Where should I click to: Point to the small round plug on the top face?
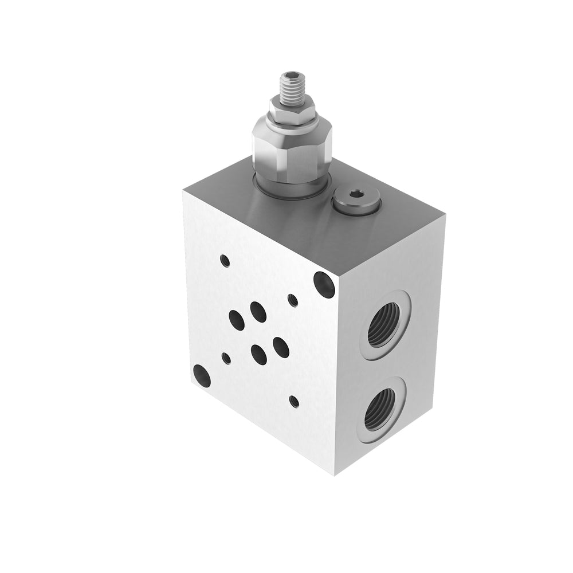coord(356,201)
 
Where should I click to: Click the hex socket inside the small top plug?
coord(357,194)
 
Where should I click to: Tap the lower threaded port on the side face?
coord(379,409)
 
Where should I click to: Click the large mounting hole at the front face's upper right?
coord(324,285)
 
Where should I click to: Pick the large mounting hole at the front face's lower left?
coord(202,376)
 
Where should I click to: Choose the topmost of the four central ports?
coord(258,312)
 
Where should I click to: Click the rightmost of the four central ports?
coord(281,347)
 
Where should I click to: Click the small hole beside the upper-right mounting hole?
coord(292,300)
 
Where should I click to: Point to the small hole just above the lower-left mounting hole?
coord(226,359)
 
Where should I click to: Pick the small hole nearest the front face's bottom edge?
coord(294,402)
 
